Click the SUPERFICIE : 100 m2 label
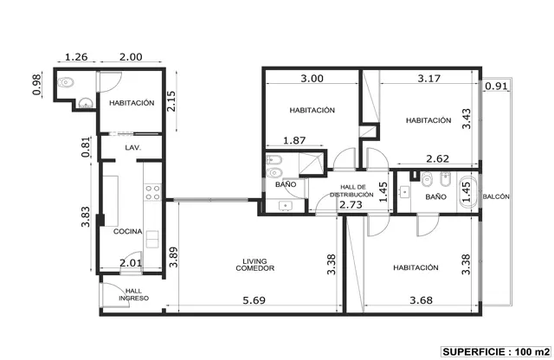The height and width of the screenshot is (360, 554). [496, 352]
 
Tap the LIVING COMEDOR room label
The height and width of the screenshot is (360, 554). [254, 265]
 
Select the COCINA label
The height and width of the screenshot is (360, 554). [127, 231]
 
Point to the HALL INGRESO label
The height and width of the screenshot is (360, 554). [133, 294]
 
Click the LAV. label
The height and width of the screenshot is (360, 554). [132, 148]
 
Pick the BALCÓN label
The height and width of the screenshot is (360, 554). [496, 196]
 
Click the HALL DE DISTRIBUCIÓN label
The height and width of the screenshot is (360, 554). [352, 190]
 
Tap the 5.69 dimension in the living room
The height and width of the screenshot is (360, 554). [254, 300]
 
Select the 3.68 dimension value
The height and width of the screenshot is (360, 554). [422, 300]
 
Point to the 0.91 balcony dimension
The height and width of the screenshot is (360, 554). [496, 86]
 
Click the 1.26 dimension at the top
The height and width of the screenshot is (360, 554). [76, 57]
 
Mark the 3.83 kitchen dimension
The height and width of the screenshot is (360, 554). [86, 216]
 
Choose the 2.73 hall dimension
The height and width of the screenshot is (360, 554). [351, 204]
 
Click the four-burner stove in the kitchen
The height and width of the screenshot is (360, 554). [153, 192]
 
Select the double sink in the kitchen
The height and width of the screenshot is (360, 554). [152, 239]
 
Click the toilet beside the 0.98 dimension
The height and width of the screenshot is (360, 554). [66, 83]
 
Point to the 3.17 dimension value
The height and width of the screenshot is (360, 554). [429, 78]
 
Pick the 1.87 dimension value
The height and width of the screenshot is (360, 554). [294, 140]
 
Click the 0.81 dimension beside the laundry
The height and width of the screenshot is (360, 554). [86, 146]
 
